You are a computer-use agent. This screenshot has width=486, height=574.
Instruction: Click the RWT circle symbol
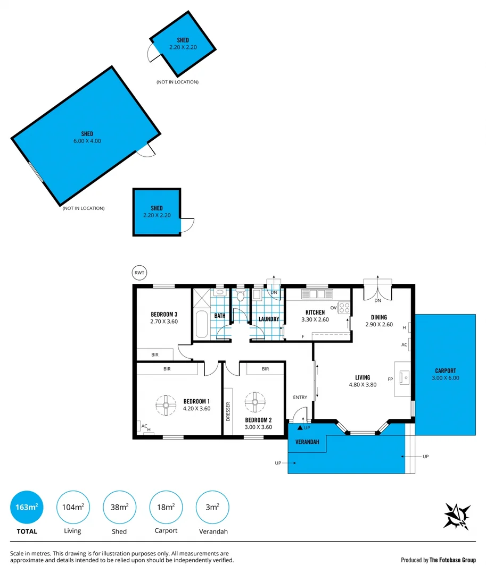tap(139, 273)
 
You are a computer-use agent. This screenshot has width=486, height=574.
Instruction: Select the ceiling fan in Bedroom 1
tap(166, 405)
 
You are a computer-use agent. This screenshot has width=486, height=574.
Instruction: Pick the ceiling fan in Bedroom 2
tap(255, 402)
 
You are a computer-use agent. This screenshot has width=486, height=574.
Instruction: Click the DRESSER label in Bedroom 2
tap(228, 411)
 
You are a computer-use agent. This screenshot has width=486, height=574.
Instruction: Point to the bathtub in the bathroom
tap(201, 325)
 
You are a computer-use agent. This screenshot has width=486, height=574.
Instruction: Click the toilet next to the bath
tap(240, 296)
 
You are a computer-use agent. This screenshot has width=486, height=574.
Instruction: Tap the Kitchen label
tap(315, 313)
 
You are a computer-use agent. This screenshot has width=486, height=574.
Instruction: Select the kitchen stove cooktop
tap(344, 308)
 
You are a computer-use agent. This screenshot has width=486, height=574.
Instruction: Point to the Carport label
tap(446, 371)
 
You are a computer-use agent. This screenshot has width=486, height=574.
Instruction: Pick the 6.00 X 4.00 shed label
tap(87, 138)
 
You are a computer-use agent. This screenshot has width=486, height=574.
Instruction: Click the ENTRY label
tap(300, 397)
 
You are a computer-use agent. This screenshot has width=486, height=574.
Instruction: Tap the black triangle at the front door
tap(300, 427)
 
